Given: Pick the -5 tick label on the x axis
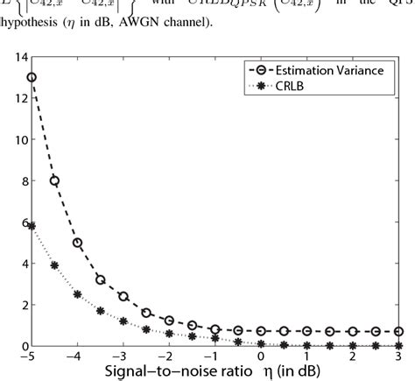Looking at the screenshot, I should (32, 358).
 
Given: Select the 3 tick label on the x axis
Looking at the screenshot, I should (398, 358).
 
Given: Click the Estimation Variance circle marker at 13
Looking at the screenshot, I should (32, 77).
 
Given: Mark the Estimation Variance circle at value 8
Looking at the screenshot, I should (55, 180).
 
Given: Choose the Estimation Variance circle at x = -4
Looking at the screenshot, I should (78, 243).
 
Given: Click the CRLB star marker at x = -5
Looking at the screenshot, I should (32, 226).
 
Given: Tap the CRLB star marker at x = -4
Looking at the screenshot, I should (78, 294).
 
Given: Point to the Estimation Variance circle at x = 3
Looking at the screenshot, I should (398, 332).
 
